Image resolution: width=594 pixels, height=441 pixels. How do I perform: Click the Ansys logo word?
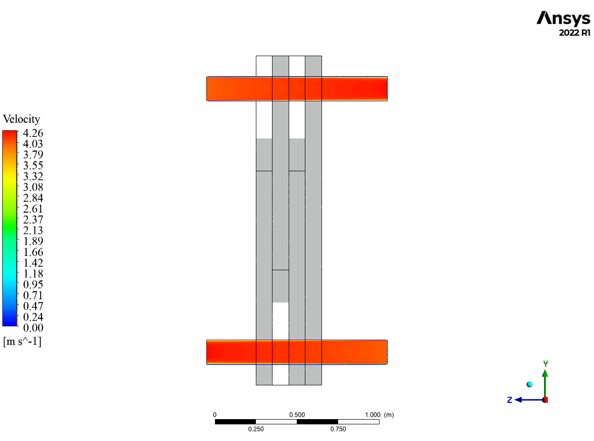[563, 18]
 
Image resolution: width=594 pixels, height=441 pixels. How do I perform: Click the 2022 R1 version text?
[575, 33]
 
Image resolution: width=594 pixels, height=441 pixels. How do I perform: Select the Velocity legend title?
[21, 119]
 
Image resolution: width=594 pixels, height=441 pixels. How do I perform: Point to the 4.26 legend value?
[33, 133]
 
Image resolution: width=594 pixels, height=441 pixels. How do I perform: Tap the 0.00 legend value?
[33, 327]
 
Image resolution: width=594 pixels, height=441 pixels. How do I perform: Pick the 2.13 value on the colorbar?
[33, 230]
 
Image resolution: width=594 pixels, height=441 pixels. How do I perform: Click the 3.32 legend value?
[33, 176]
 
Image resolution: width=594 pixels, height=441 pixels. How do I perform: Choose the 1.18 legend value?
[33, 274]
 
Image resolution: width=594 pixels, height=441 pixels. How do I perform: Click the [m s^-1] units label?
[22, 342]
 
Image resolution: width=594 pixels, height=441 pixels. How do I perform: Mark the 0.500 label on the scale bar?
[297, 415]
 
